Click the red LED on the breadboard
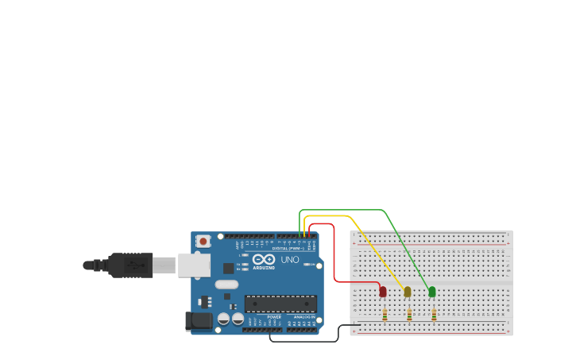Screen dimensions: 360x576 [x=383, y=292]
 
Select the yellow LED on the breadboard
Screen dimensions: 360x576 [x=408, y=292]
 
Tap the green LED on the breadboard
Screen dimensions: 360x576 [x=432, y=292]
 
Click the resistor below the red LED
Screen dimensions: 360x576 [x=385, y=315]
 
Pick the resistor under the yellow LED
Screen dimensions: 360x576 [x=410, y=315]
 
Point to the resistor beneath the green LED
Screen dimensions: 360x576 [x=435, y=315]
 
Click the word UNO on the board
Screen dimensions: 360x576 [x=290, y=260]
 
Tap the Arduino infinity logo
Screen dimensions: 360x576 [x=264, y=259]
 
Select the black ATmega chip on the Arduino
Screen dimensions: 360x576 [x=280, y=303]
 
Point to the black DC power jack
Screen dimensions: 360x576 [x=199, y=321]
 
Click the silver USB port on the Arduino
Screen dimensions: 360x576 [x=194, y=265]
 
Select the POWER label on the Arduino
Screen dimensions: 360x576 [x=274, y=317]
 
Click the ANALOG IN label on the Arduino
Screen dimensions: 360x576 [x=304, y=317]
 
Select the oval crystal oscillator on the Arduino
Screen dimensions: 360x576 [x=226, y=285]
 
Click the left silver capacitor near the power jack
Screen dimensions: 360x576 [x=224, y=319]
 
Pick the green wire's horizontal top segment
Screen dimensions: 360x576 [x=342, y=211]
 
